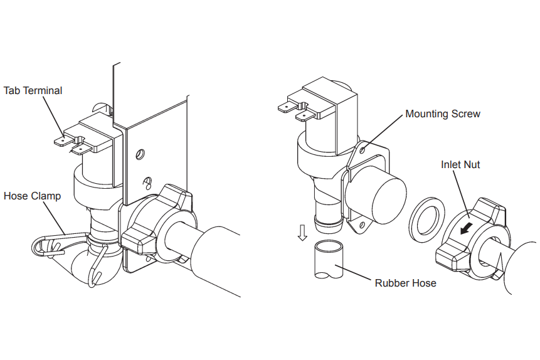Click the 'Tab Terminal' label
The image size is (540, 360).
click(33, 90)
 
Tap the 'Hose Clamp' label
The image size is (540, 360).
click(32, 196)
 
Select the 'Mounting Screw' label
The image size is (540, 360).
click(443, 114)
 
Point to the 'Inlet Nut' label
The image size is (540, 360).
click(460, 165)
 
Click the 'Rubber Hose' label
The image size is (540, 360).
click(405, 282)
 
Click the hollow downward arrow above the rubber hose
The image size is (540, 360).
click(302, 233)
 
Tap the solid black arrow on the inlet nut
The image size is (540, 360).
click(465, 226)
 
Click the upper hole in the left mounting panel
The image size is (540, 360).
click(139, 153)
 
